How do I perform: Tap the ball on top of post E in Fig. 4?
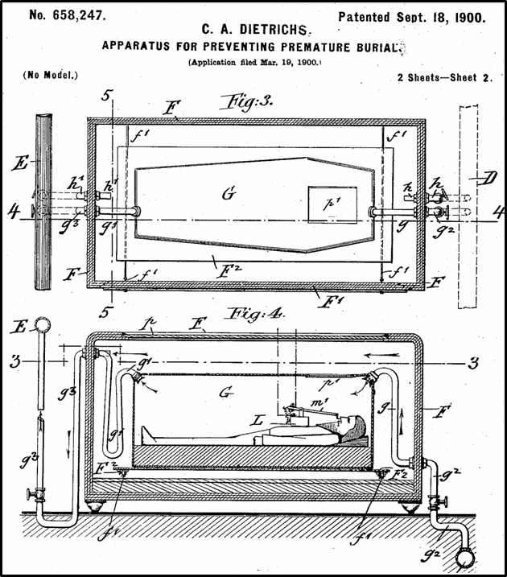41,329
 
